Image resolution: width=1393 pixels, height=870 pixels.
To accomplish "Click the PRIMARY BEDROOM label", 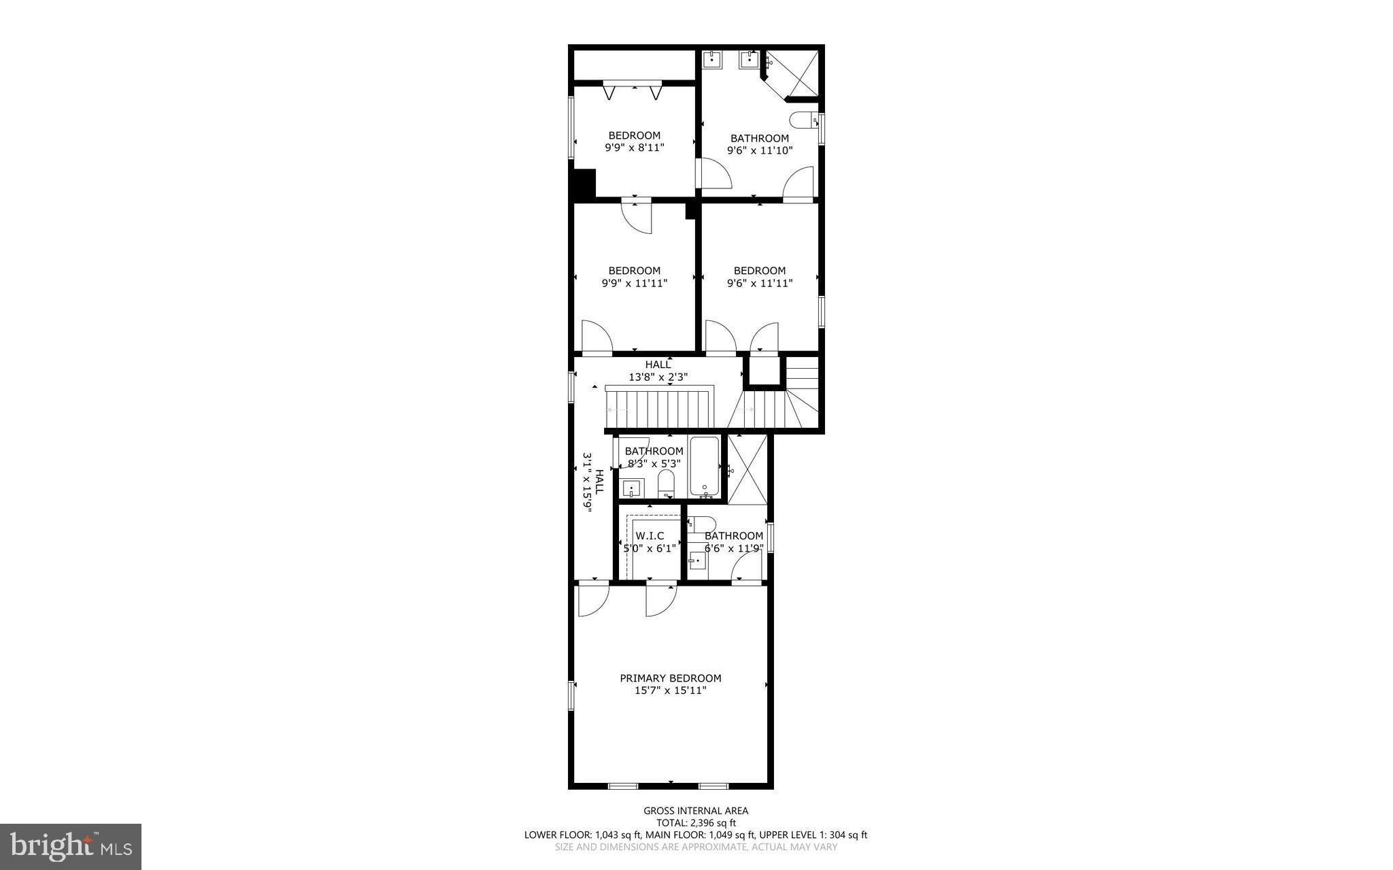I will point(670,678).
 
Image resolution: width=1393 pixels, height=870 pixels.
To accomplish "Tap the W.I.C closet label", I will point(650,536).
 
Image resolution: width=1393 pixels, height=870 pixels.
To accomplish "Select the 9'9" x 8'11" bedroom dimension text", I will point(634,147).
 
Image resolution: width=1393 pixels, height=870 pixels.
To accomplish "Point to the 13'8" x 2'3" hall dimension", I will point(658,377).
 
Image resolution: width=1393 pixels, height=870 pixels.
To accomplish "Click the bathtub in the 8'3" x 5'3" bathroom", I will point(705,467).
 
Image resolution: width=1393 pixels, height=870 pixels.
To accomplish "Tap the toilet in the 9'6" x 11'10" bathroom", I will point(803,120).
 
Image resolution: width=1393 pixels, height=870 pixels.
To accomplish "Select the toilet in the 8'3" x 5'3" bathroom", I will point(666,484).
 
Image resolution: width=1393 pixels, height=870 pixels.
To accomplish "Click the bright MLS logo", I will point(71,846).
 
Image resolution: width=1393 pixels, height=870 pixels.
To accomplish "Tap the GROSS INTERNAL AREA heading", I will point(696,810).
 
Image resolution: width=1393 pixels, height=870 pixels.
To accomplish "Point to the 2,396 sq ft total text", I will point(696,822).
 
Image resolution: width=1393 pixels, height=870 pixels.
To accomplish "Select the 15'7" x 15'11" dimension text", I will point(670,690).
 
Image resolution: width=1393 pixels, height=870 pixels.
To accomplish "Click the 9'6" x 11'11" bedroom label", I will point(759,270).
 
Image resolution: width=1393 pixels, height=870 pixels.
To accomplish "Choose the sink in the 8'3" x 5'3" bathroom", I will point(632,488).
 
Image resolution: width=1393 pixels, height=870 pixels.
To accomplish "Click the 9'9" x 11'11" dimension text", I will point(634,283).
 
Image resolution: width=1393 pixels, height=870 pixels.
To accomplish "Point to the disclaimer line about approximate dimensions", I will point(696,847).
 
